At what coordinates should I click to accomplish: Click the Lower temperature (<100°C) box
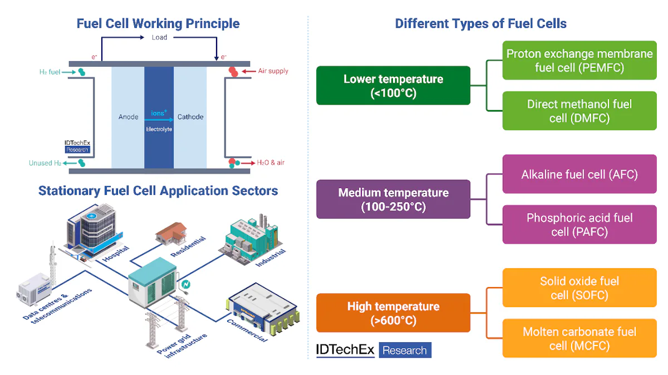click(x=393, y=86)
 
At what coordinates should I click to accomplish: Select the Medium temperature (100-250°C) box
click(x=393, y=199)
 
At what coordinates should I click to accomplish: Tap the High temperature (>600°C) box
click(x=393, y=313)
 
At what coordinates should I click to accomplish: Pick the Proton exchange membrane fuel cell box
click(x=579, y=60)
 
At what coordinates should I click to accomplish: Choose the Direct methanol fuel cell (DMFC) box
click(x=579, y=111)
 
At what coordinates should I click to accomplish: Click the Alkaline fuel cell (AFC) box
click(x=579, y=174)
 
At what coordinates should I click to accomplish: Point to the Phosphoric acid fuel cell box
click(x=579, y=224)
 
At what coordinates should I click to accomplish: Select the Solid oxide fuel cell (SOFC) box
click(x=579, y=288)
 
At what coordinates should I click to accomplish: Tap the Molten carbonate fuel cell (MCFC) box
click(x=579, y=338)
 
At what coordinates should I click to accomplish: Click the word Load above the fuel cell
click(x=159, y=37)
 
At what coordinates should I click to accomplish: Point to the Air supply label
click(x=273, y=71)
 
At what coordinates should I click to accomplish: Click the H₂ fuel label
click(x=50, y=72)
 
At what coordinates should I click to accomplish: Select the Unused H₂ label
click(x=45, y=163)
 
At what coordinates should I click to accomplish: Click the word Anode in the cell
click(x=128, y=117)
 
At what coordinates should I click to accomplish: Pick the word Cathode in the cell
click(x=190, y=117)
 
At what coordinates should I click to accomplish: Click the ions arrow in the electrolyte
click(x=159, y=119)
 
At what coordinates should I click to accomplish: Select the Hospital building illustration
click(x=89, y=231)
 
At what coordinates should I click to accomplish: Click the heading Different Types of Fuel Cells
click(x=480, y=23)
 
